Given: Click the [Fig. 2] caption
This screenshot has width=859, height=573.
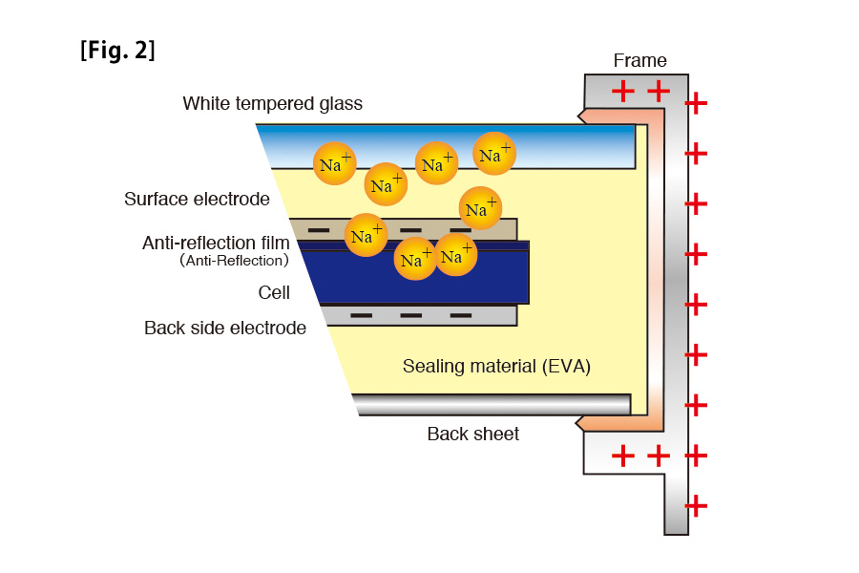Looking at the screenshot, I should point(117,51).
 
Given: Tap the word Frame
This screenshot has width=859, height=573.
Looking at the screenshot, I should point(639,61).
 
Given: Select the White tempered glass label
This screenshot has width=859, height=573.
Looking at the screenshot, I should point(272,103).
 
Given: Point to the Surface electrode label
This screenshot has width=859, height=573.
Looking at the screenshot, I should point(197,200).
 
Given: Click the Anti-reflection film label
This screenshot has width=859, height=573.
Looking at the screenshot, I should point(216,244).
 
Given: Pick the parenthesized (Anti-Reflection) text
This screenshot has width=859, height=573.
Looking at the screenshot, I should point(234,261).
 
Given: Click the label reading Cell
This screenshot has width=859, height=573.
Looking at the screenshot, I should point(274,293).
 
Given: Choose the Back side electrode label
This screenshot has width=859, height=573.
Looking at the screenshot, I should point(225,329).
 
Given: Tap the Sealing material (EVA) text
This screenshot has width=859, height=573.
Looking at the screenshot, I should point(496,367).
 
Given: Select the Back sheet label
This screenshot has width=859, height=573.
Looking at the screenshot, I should point(472,435).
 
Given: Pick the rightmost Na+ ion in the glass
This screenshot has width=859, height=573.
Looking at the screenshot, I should point(494,154).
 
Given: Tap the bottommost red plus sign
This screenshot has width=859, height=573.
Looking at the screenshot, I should point(697,506).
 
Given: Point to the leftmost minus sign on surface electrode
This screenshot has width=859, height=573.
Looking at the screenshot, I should point(319,230).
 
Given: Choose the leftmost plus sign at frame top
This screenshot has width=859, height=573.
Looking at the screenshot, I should point(622,92).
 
